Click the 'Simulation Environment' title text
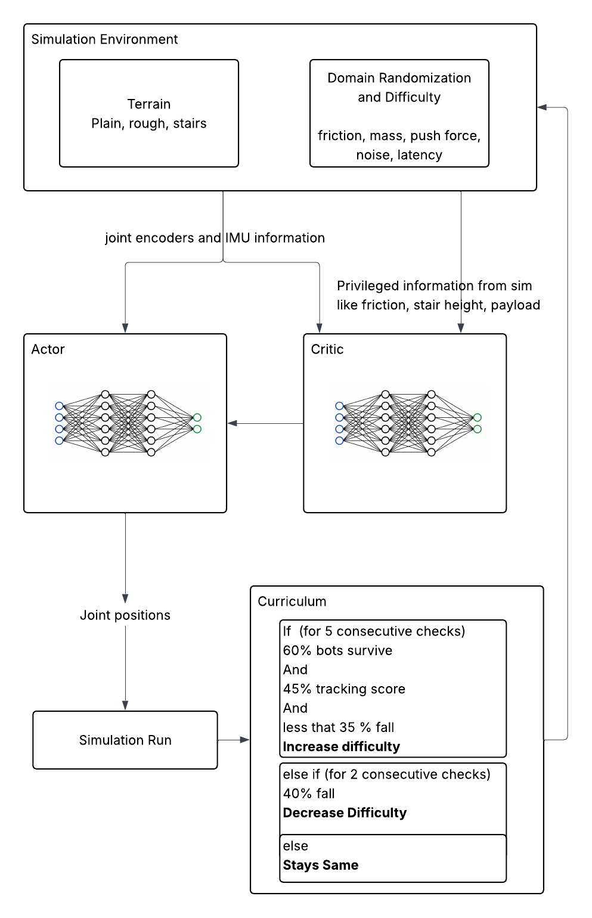(x=104, y=39)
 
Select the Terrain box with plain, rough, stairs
(x=149, y=113)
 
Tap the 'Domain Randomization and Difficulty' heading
(x=399, y=87)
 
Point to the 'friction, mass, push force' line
(x=399, y=135)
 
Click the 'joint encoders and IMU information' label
(x=215, y=238)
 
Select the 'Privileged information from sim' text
(x=434, y=286)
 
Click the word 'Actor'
(x=48, y=349)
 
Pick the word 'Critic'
(x=327, y=349)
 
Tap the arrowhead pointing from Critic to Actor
(x=233, y=423)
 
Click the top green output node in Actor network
(x=197, y=417)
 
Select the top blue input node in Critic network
(x=339, y=406)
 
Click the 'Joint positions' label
(x=125, y=615)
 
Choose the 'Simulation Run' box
(x=125, y=740)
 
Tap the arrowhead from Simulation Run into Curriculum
(x=244, y=740)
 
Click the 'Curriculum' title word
(x=292, y=601)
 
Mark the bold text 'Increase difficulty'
(x=341, y=747)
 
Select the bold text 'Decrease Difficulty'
(x=345, y=813)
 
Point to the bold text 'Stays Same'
(x=320, y=866)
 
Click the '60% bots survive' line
(x=337, y=650)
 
